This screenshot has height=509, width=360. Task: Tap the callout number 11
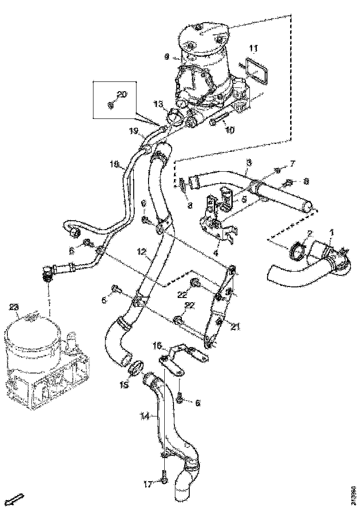254,48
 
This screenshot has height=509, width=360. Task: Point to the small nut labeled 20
110,106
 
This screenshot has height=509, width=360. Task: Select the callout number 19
133,131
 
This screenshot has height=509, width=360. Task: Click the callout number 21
236,327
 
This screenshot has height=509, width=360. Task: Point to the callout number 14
145,416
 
